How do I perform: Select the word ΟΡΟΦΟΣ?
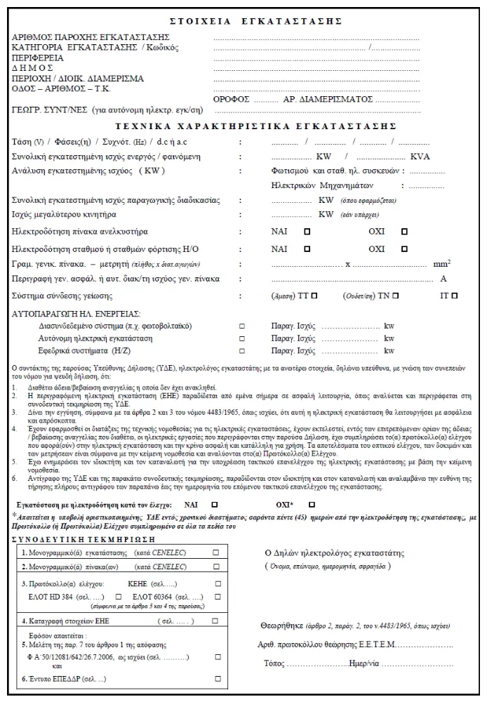point(231,100)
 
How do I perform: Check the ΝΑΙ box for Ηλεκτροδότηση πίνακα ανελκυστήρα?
point(307,231)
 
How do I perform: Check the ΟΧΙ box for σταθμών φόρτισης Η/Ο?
point(403,249)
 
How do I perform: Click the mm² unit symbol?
point(441,264)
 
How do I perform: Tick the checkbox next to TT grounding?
point(314,296)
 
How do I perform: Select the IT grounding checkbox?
point(455,296)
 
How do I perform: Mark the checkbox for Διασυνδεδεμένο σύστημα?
point(242,326)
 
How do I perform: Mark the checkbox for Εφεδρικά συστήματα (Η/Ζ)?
point(242,350)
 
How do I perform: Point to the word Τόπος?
point(274,663)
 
